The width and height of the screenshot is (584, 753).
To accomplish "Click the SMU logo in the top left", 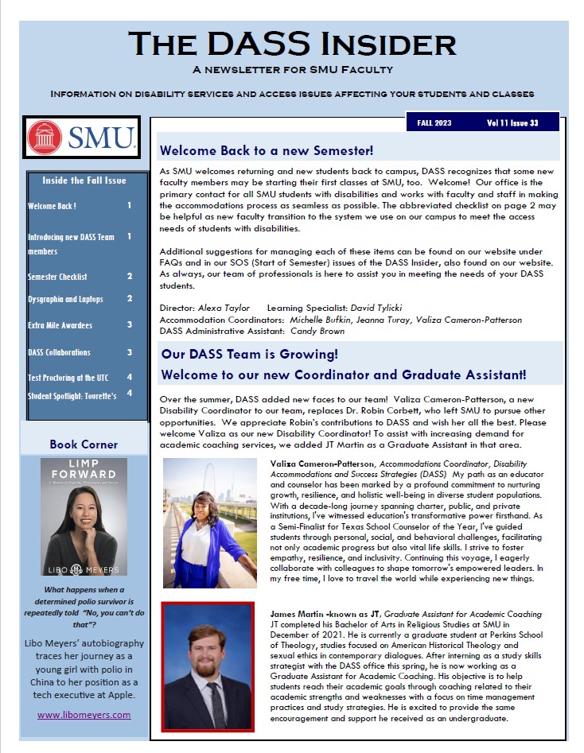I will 82,138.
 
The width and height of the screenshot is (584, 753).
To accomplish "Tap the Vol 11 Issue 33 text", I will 512,123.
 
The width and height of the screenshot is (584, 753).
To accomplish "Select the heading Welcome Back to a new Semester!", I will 266,149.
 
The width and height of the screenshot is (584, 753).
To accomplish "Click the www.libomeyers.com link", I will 84,714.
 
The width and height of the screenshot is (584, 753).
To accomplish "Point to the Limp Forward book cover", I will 84,516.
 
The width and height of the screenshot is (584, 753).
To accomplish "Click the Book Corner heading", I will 84,444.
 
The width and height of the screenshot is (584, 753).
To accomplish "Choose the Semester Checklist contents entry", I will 57,277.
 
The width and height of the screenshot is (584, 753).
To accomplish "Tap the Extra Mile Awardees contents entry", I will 60,325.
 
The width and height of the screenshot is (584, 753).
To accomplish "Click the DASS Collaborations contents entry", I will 59,352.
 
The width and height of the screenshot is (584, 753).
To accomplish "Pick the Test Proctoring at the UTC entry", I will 68,377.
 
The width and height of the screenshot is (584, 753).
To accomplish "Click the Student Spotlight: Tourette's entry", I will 72,395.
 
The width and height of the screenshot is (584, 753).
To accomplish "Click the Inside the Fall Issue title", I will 84,180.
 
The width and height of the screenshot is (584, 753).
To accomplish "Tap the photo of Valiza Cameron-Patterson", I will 209,522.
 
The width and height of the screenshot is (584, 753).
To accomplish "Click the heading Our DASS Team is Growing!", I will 249,354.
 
